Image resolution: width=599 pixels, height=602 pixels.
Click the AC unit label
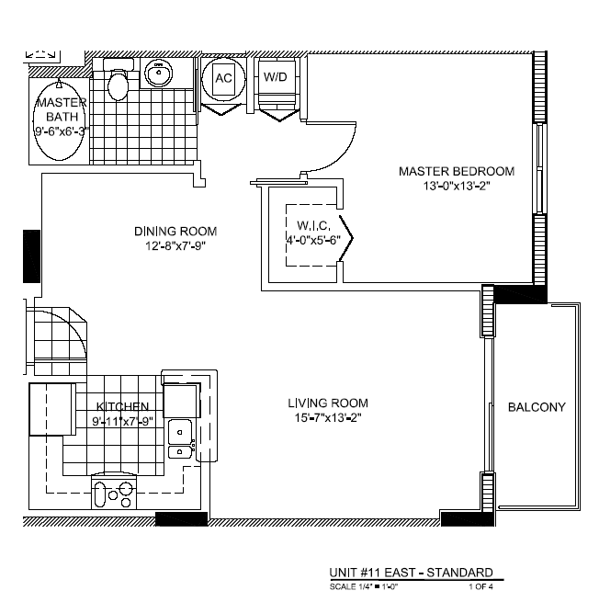click(223, 78)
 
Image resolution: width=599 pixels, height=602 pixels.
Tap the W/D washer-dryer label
click(275, 77)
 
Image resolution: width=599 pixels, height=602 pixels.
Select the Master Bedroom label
click(457, 171)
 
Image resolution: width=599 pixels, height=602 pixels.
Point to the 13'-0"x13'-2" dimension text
click(457, 186)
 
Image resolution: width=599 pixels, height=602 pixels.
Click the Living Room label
click(328, 403)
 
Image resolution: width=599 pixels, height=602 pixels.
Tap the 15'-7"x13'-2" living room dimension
click(328, 417)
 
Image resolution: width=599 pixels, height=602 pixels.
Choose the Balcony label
click(537, 407)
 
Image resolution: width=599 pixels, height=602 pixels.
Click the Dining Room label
click(175, 231)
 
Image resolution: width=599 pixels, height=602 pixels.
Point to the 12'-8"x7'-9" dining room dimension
click(175, 245)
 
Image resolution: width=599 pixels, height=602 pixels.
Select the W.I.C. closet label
click(313, 225)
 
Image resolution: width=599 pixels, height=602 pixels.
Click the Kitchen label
click(122, 406)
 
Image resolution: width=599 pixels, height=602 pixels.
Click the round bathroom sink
click(159, 73)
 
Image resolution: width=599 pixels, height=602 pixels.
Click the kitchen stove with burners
click(114, 493)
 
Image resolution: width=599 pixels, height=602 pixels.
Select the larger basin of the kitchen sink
click(180, 432)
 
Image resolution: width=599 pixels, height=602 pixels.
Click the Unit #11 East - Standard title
click(412, 573)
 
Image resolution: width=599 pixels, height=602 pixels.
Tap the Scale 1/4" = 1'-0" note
click(364, 586)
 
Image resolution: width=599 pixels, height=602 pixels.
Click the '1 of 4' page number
click(480, 586)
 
